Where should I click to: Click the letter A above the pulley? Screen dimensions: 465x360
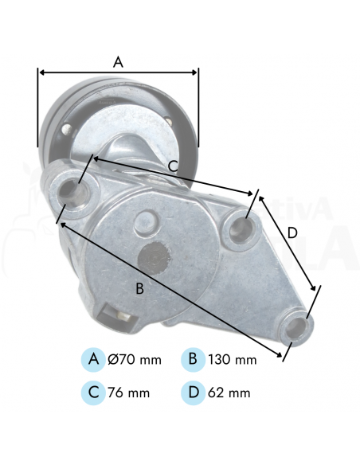[119, 61]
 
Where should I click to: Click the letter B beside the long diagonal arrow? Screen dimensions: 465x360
[139, 288]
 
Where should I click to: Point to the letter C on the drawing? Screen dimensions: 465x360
[172, 166]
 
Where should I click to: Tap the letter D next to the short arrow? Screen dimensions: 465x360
[292, 232]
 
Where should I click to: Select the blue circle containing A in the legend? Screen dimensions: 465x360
[93, 359]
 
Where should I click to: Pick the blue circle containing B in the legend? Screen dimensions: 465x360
[192, 359]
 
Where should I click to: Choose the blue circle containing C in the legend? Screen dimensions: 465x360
[93, 393]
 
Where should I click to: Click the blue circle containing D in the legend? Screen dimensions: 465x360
[192, 393]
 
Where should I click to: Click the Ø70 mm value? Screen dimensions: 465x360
[134, 360]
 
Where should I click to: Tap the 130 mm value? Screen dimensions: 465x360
[231, 360]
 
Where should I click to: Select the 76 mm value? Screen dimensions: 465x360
[128, 393]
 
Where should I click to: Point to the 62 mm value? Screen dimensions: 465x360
[228, 393]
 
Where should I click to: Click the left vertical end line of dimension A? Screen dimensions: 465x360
[38, 107]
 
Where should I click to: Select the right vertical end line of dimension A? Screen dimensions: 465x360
[198, 107]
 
